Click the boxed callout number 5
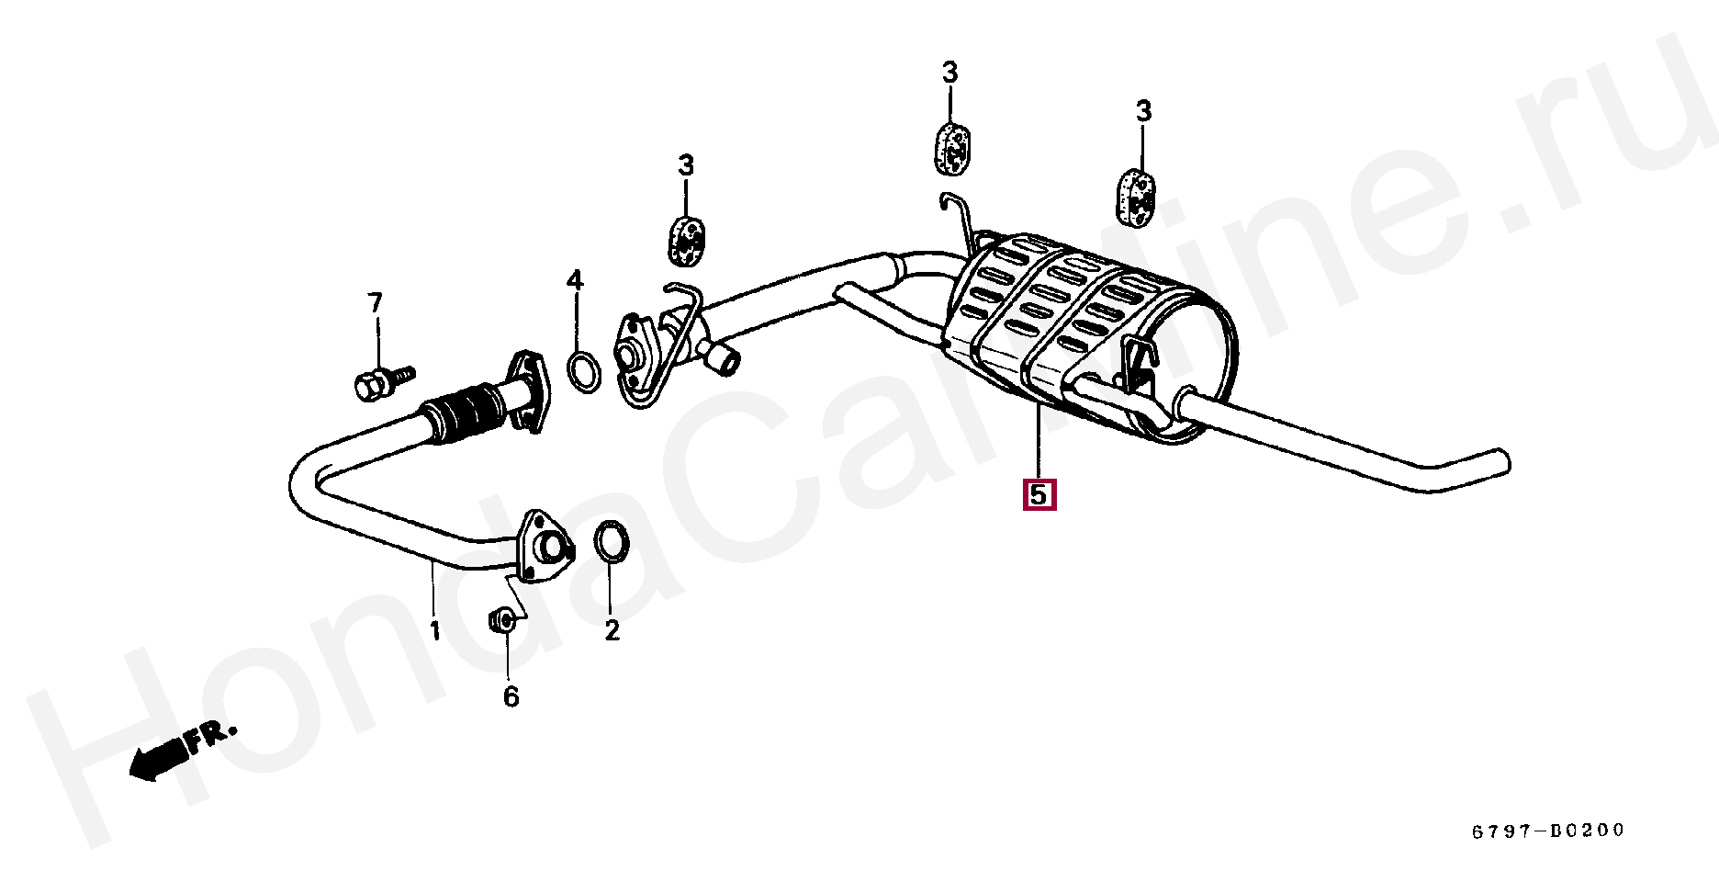[x=1038, y=495]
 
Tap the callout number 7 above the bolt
[x=375, y=302]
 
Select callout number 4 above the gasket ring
[x=575, y=280]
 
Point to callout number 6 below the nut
[x=511, y=697]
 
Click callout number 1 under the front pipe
[x=435, y=631]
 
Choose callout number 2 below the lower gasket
[x=612, y=631]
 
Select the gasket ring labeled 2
[x=612, y=541]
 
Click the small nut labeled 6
[x=501, y=622]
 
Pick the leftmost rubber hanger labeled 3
[x=685, y=238]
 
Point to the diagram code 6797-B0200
[x=1548, y=831]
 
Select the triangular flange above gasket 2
[x=545, y=548]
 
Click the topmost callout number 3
[x=949, y=72]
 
